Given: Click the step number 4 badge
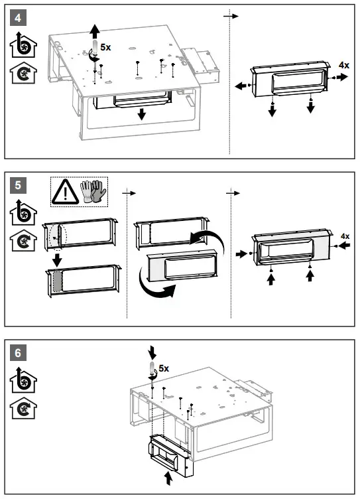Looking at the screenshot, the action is pyautogui.click(x=18, y=17).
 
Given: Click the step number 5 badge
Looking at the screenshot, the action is pyautogui.click(x=18, y=185).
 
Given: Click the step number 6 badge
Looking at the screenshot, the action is pyautogui.click(x=18, y=352).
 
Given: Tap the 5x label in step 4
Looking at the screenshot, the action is pyautogui.click(x=105, y=47).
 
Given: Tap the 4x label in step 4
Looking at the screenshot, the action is pyautogui.click(x=344, y=65).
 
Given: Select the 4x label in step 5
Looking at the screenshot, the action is pyautogui.click(x=345, y=236).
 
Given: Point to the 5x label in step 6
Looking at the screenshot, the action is pyautogui.click(x=164, y=368).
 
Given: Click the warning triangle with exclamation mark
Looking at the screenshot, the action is pyautogui.click(x=65, y=192).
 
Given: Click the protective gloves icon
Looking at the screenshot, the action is pyautogui.click(x=93, y=191).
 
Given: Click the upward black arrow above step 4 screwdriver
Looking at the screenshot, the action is pyautogui.click(x=94, y=32).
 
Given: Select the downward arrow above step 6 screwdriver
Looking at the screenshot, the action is pyautogui.click(x=152, y=353).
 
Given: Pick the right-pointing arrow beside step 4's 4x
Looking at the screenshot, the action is pyautogui.click(x=343, y=77).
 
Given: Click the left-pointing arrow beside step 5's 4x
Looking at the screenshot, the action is pyautogui.click(x=344, y=246).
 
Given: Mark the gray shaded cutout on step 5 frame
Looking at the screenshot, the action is pyautogui.click(x=57, y=281).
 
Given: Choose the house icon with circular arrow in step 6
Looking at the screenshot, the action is pyautogui.click(x=23, y=408).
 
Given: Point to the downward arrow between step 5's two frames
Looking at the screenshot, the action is pyautogui.click(x=57, y=259).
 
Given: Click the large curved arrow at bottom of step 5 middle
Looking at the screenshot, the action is pyautogui.click(x=156, y=285).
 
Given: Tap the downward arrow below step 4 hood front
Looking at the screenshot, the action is pyautogui.click(x=142, y=114).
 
